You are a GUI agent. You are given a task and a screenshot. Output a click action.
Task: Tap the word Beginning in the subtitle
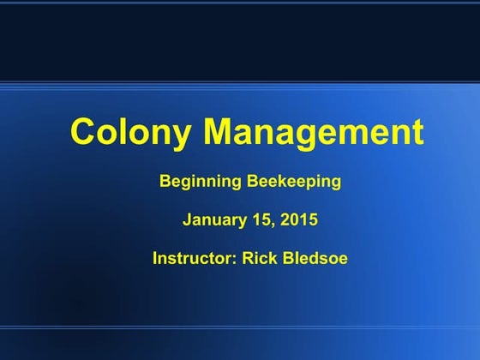pyautogui.click(x=196, y=182)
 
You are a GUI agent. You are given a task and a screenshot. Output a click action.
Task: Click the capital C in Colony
pyautogui.click(x=83, y=133)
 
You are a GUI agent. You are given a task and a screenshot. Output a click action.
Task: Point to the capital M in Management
pyautogui.click(x=222, y=133)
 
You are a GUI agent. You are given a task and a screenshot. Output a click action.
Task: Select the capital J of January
pyautogui.click(x=187, y=219)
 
